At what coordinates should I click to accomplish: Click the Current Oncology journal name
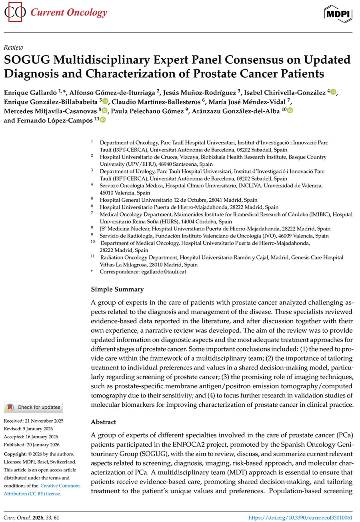tap(69, 13)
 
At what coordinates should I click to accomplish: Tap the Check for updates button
tap(33, 408)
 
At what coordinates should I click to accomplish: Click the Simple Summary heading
tap(117, 289)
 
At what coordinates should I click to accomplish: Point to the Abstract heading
tap(104, 422)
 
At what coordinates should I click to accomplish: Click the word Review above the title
tap(13, 47)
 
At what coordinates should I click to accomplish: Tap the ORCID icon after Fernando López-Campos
tap(103, 120)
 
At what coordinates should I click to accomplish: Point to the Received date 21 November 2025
tap(34, 421)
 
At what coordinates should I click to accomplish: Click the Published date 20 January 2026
tap(32, 445)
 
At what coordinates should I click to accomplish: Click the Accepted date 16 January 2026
tap(32, 437)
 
